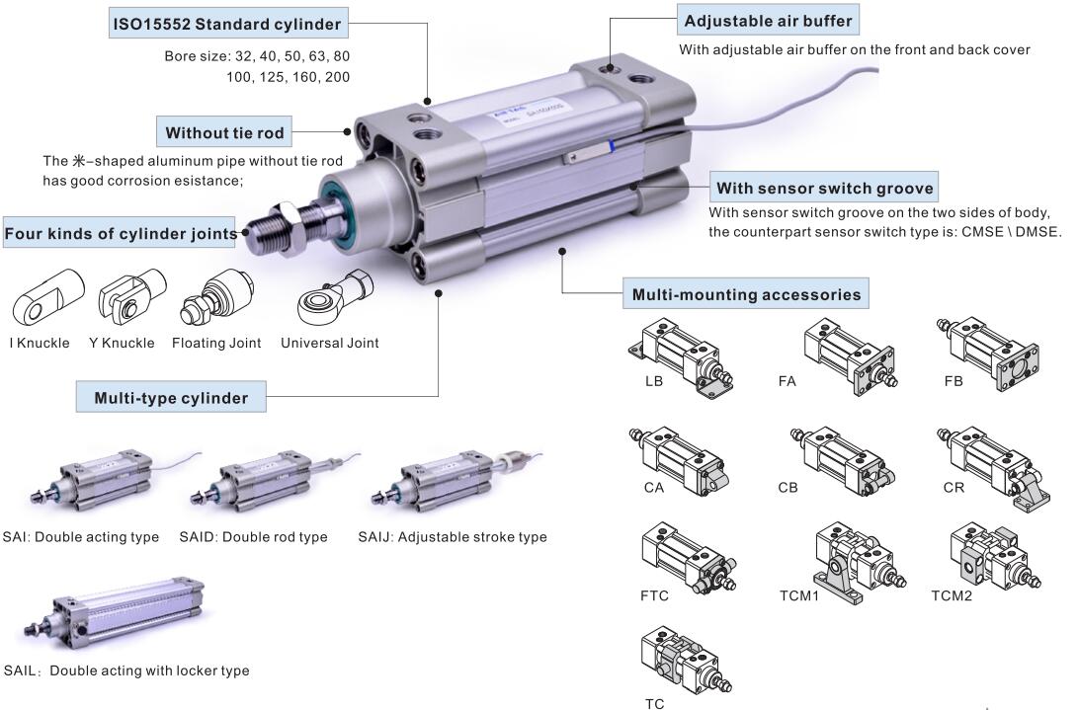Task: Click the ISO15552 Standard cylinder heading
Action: [x=226, y=23]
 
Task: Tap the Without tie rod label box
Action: [x=224, y=132]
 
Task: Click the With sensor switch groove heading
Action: [x=824, y=188]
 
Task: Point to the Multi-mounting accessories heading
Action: [x=745, y=293]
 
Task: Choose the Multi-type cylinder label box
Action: [x=171, y=399]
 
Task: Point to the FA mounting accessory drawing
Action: [x=849, y=355]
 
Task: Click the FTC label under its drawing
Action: [x=654, y=595]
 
